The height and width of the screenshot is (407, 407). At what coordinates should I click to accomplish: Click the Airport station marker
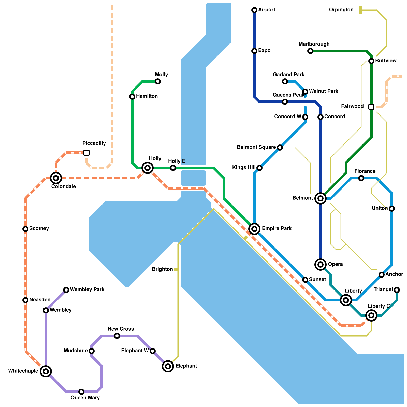click(x=254, y=10)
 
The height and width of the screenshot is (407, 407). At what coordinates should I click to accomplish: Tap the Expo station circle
click(x=254, y=51)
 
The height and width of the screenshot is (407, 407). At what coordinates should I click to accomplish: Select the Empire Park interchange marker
click(x=254, y=229)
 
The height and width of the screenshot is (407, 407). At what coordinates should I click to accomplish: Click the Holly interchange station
click(x=148, y=168)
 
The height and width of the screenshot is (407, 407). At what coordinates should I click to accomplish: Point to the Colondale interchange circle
click(x=56, y=178)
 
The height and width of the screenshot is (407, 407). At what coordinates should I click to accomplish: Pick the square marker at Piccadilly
click(x=86, y=153)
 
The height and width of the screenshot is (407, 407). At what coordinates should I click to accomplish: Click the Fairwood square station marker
click(x=371, y=107)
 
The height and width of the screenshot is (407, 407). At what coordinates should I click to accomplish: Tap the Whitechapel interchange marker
click(x=46, y=371)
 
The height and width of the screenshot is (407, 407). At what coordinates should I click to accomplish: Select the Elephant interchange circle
click(x=168, y=366)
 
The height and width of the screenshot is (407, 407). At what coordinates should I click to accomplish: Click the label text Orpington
click(x=341, y=10)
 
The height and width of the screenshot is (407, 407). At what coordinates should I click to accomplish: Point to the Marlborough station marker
click(x=310, y=51)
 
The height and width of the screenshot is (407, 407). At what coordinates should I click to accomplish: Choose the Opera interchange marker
click(x=321, y=265)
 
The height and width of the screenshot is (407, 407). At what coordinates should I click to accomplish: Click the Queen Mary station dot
click(x=81, y=392)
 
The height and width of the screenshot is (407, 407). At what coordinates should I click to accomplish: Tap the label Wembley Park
click(x=87, y=290)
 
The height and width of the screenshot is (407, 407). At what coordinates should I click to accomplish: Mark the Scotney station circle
click(x=25, y=229)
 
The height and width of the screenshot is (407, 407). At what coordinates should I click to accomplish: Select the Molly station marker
click(x=158, y=81)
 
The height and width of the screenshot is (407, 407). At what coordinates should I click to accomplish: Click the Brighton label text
click(x=162, y=269)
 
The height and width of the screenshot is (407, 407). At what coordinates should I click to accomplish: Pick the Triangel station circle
click(x=397, y=290)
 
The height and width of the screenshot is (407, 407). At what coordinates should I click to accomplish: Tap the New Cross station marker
click(x=117, y=336)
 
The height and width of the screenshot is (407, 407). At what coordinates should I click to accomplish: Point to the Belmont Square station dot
click(x=280, y=148)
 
